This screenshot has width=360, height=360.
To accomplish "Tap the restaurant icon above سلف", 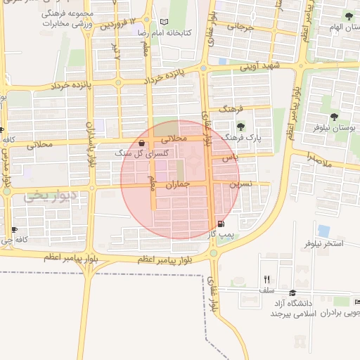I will (266, 279).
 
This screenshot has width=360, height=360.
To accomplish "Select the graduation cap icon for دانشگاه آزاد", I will (292, 293).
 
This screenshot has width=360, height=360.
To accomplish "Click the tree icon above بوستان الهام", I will (349, 16).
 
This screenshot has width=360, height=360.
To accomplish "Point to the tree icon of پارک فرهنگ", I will (241, 127).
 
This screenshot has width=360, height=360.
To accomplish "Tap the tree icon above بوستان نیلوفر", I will (334, 117).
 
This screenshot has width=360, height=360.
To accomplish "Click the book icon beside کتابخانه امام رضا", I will (165, 22).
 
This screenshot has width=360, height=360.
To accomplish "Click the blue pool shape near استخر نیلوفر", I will (324, 231).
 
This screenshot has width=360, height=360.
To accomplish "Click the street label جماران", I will (179, 186).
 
